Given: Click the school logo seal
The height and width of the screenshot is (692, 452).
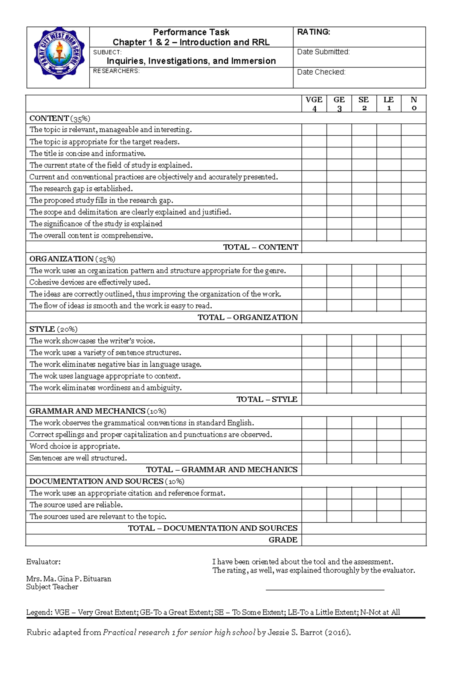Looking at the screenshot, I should click(x=58, y=53).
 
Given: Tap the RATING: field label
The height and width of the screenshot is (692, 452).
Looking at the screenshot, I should click(x=313, y=32).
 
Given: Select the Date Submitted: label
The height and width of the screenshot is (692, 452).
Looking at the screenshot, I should click(x=323, y=52).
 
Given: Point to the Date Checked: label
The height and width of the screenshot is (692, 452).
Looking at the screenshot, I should click(x=321, y=72).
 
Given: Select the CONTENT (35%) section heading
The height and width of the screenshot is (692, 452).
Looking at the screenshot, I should click(x=60, y=118).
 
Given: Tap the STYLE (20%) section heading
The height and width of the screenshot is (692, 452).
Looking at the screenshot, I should click(x=53, y=329).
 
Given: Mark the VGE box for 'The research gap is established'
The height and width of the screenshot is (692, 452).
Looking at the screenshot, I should click(x=314, y=189).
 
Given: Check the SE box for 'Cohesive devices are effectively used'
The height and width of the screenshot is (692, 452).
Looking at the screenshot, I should click(x=364, y=282).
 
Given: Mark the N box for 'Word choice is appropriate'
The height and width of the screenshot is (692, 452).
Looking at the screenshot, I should click(x=414, y=447).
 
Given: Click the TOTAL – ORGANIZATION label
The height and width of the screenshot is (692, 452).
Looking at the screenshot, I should click(x=247, y=318).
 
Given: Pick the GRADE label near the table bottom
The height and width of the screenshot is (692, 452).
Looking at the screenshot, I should click(x=283, y=540).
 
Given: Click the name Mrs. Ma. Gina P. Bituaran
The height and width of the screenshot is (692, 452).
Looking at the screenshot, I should click(x=69, y=579).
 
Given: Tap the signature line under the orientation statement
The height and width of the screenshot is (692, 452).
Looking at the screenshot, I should click(x=325, y=589).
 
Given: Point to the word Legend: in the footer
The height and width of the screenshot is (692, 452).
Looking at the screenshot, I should click(x=39, y=612).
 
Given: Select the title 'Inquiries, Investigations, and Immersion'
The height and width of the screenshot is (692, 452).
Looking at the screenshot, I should click(x=191, y=61).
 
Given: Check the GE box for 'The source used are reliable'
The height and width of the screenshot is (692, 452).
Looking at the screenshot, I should click(x=339, y=505).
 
